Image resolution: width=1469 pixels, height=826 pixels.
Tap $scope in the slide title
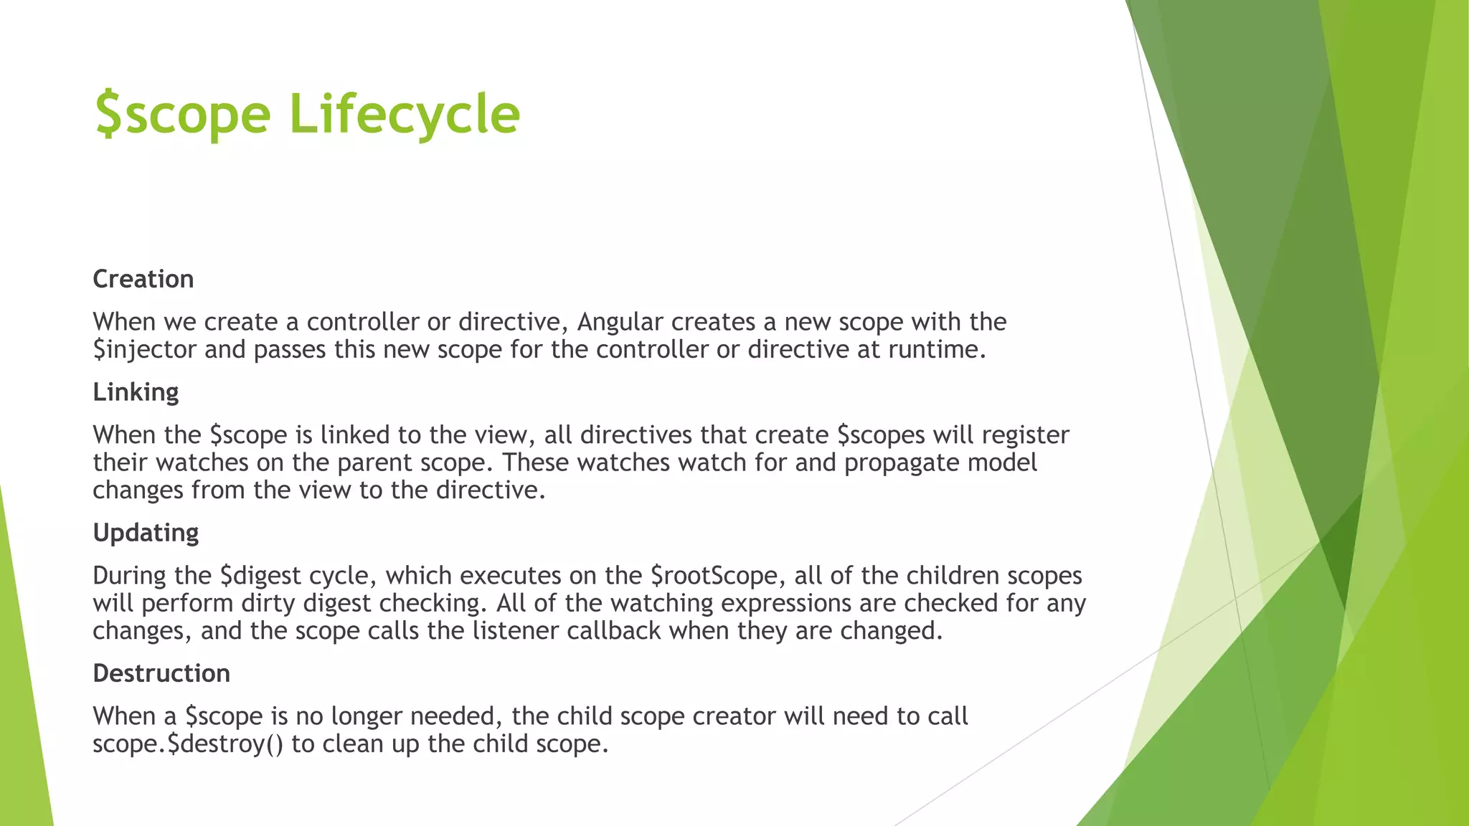[183, 115]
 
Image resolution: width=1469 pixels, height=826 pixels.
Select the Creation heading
[143, 279]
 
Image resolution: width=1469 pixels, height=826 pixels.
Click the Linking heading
[136, 392]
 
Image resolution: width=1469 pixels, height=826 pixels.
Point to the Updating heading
[146, 533]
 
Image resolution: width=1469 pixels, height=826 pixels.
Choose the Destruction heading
[161, 673]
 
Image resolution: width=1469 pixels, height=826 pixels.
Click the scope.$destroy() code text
[188, 744]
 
